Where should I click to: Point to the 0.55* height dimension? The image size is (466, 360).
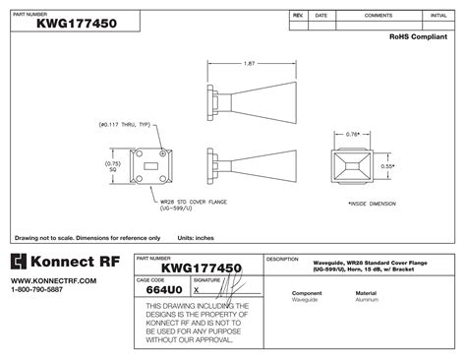[388, 166]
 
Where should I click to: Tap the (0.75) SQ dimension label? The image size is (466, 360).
[113, 167]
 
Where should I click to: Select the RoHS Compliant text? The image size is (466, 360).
[423, 34]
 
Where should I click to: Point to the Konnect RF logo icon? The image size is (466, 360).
[19, 262]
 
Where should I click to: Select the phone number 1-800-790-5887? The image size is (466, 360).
[38, 291]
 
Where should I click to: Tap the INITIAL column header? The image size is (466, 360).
[438, 17]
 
